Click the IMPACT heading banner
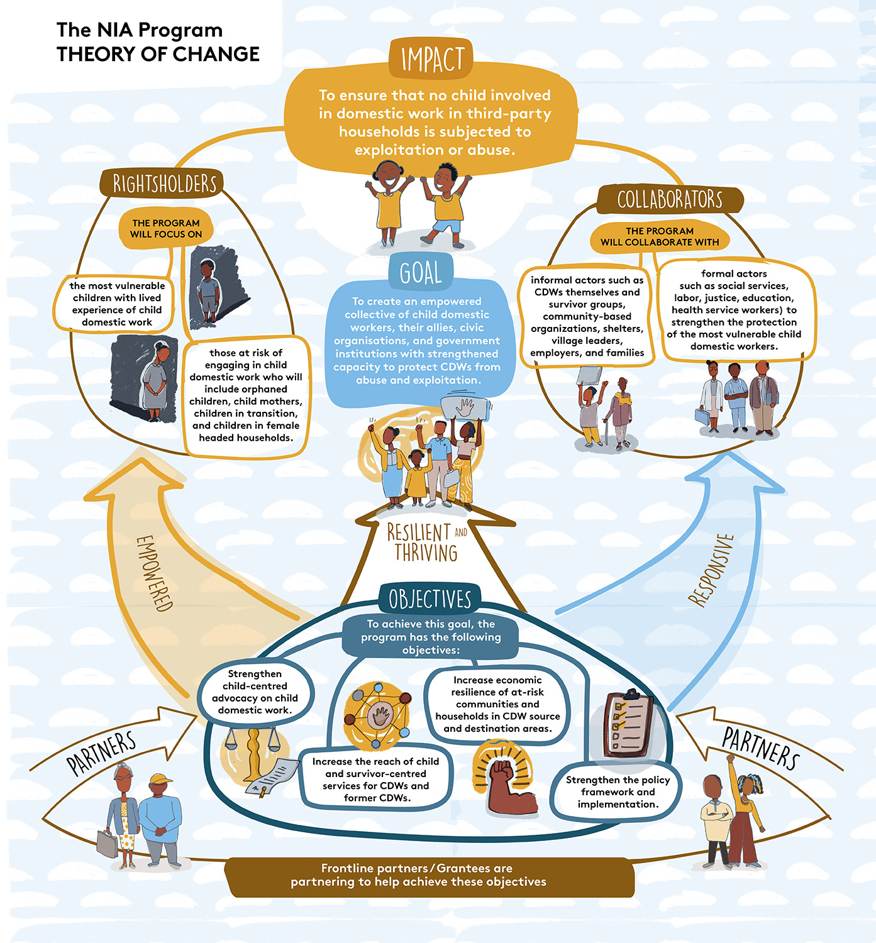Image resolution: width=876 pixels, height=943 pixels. point(431,59)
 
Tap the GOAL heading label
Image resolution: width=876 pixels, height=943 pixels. point(420,272)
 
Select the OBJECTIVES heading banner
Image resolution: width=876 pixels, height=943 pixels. point(430,598)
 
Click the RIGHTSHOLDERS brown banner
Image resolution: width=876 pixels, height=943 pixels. point(164,184)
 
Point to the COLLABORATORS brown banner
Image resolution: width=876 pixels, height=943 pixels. point(670,199)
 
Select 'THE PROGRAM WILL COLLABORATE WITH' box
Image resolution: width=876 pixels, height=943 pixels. point(659,237)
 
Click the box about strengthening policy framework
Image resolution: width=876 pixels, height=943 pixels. point(617,791)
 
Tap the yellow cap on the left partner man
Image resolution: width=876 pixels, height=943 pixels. point(161,780)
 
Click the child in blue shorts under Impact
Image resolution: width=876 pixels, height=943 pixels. point(446,204)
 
